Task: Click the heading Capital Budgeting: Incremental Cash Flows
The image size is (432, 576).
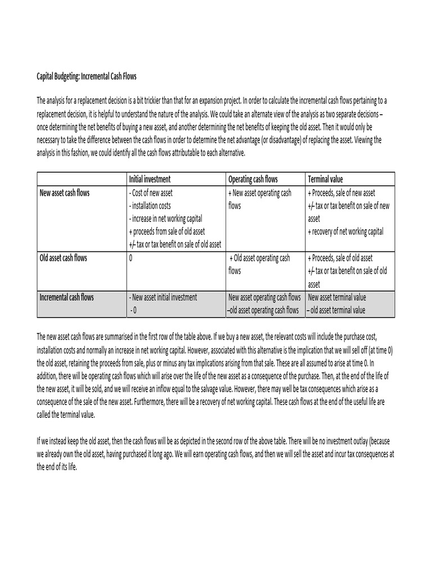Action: click(x=87, y=76)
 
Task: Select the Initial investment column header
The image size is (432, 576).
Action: click(x=150, y=179)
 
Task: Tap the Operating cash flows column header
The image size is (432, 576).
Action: click(x=253, y=179)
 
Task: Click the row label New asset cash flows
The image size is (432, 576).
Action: click(x=65, y=193)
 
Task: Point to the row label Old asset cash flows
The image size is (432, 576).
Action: click(x=63, y=258)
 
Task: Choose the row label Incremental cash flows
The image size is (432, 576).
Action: click(x=66, y=297)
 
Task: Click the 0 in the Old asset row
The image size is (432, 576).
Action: click(x=131, y=258)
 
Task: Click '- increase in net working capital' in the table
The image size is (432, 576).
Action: click(x=165, y=219)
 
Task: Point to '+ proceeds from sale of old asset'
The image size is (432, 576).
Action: click(x=167, y=232)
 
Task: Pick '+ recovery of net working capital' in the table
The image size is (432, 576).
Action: click(x=345, y=232)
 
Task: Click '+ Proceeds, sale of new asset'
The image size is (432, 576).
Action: click(x=341, y=193)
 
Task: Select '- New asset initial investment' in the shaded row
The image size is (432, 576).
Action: click(x=163, y=297)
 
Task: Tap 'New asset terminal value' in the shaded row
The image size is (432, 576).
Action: click(x=336, y=297)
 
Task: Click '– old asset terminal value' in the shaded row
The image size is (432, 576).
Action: click(x=336, y=310)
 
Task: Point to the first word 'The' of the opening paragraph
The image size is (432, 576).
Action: click(x=42, y=101)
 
